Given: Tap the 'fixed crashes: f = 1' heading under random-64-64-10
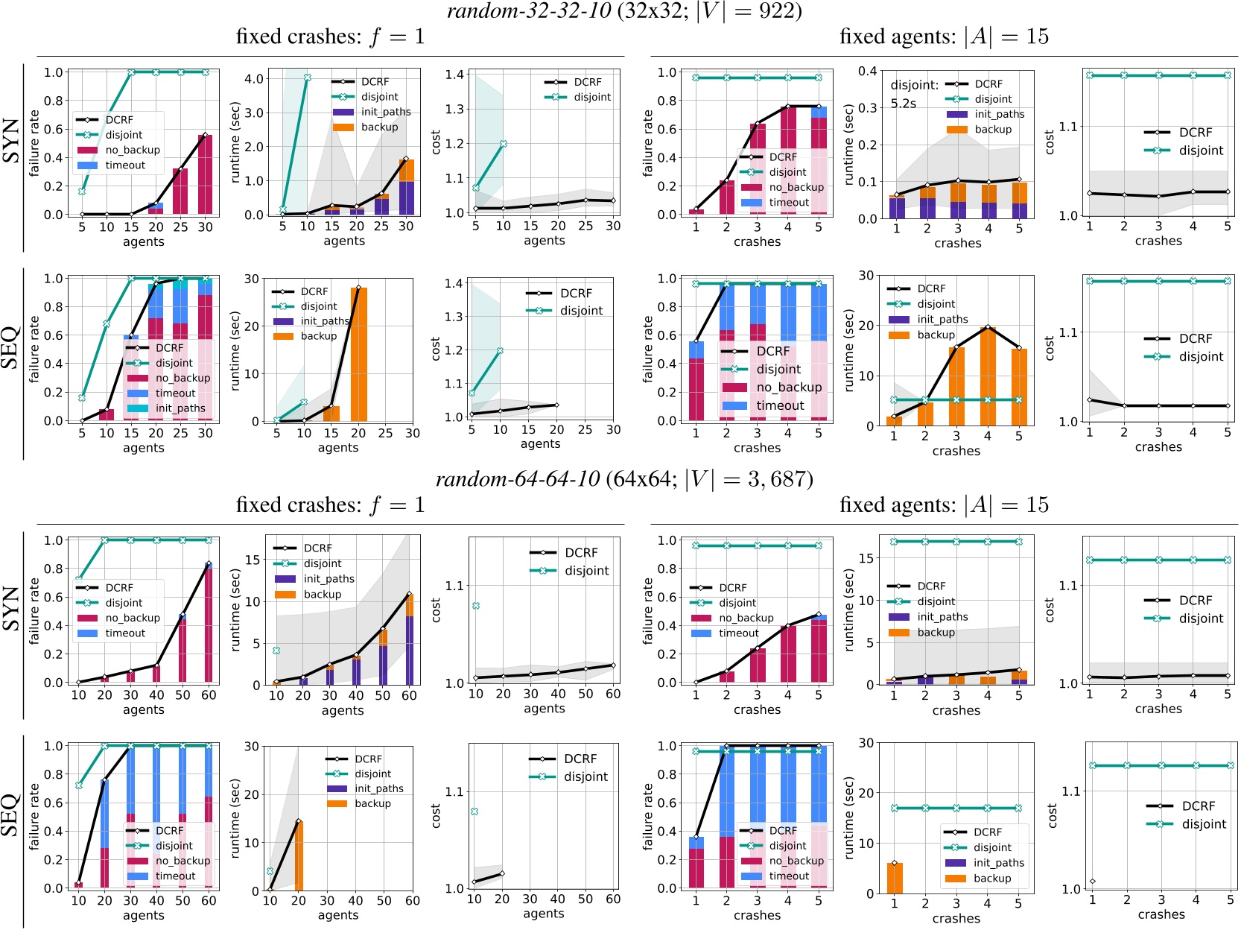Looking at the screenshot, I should pos(330,505).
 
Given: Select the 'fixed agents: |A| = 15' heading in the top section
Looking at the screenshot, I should pos(944,37).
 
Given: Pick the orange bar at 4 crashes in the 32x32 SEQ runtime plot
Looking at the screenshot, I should pos(988,376).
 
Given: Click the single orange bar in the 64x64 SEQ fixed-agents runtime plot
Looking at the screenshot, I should pos(895,878).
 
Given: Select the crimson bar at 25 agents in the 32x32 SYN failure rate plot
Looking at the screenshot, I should pos(180,192).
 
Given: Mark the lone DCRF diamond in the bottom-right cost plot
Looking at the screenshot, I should pos(1093,882).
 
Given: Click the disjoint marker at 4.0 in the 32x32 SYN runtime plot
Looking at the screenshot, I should pos(307,77).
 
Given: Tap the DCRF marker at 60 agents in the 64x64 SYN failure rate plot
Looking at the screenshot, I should pos(209,564).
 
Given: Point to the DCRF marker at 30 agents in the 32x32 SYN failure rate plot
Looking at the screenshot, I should pos(205,136).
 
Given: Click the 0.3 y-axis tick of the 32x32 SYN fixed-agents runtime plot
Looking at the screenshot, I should pos(867,107).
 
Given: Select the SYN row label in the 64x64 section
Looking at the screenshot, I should pos(12,608).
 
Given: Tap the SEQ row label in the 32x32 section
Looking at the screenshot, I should pos(10,347).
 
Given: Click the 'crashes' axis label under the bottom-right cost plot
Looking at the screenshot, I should pos(1161,914).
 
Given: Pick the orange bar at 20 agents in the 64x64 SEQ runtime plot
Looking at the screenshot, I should pos(299,855).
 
